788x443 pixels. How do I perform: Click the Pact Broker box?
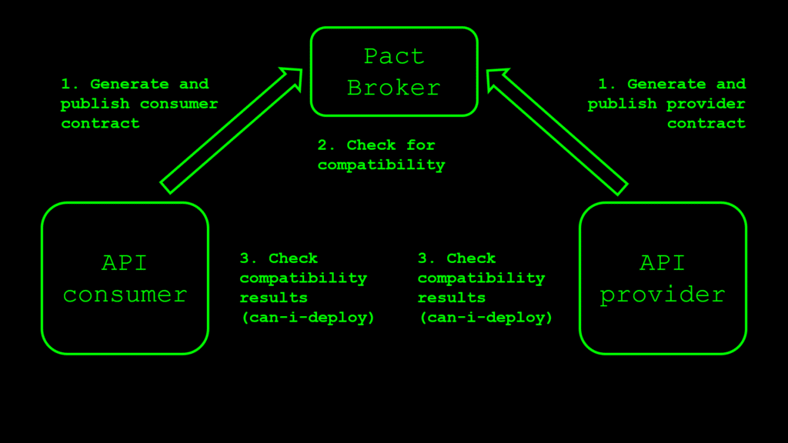393,72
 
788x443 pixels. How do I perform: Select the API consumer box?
125,278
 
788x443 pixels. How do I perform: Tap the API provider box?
662,278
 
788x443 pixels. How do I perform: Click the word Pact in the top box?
393,56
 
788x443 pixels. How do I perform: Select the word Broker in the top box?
393,88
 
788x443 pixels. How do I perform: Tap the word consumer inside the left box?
125,294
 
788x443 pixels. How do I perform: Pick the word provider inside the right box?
662,294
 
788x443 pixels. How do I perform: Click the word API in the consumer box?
125,262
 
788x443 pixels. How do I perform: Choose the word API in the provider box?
662,262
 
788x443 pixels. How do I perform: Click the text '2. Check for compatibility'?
382,155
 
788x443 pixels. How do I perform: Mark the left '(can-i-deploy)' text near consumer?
307,317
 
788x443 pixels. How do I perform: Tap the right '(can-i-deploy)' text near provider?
485,317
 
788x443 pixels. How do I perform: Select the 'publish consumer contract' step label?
139,104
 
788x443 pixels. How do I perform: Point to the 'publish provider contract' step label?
666,104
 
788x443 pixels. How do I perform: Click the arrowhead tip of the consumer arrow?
299,71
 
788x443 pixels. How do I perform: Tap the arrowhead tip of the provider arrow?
489,71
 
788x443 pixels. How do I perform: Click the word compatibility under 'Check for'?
382,165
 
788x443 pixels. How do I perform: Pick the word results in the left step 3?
273,298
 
